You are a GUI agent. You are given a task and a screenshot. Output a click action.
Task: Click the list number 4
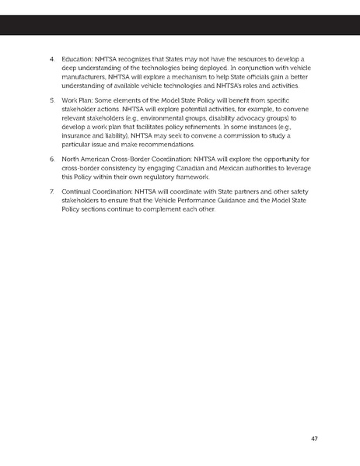[x=51, y=58]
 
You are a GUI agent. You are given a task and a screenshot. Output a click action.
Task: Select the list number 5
[x=51, y=100]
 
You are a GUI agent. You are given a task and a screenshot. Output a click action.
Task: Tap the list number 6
[x=51, y=159]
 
